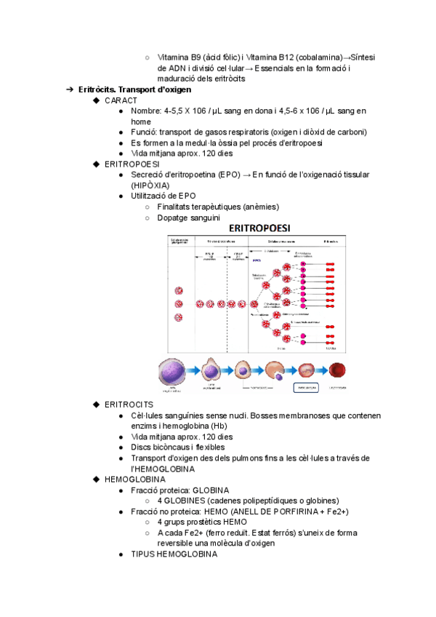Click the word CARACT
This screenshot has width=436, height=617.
pos(121,100)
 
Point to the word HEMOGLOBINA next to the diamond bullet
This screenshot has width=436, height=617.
pos(135,479)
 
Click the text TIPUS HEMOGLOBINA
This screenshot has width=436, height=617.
pos(174,554)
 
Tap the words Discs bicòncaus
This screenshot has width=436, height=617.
pos(161,447)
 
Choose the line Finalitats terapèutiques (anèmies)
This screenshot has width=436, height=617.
pos(217,207)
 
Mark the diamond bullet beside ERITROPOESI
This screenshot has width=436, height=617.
pos(97,164)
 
